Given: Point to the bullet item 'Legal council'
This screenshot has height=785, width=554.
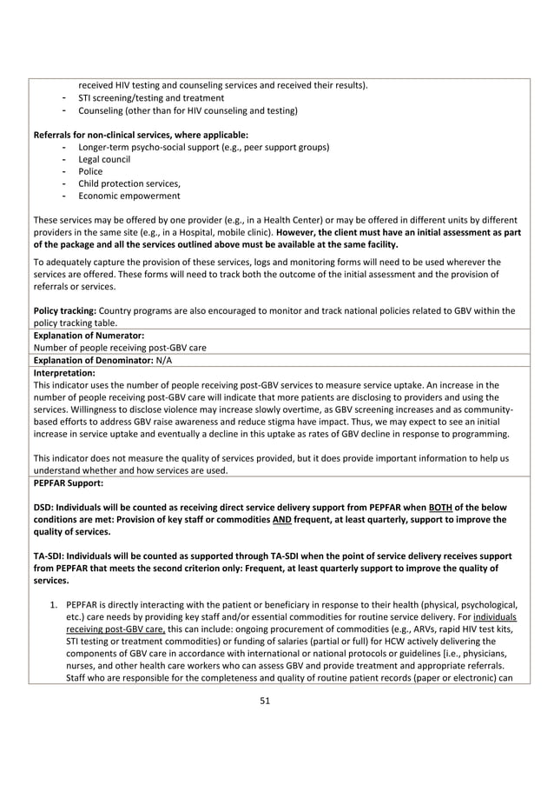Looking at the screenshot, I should point(103,159).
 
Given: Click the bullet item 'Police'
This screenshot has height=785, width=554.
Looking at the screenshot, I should point(89,171).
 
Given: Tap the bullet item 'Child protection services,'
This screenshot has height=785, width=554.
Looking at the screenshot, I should point(129,183).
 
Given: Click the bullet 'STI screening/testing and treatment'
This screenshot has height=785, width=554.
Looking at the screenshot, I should point(151,98).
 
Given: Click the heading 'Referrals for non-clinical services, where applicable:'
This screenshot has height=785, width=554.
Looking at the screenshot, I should point(140,135).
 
